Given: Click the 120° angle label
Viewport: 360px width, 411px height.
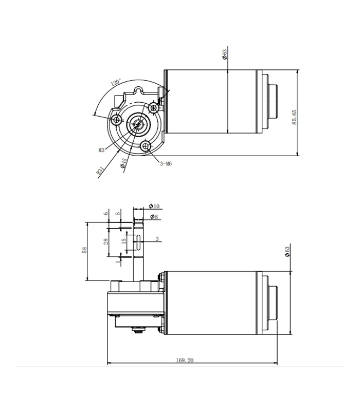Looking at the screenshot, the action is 116,82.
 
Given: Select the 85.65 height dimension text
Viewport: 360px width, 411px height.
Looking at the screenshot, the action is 294,117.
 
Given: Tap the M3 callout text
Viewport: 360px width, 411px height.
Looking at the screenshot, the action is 101,150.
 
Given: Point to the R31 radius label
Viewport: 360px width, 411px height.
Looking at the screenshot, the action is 100,171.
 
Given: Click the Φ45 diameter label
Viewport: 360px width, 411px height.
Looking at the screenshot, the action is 123,163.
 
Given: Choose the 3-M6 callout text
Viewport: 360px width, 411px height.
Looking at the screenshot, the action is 166,164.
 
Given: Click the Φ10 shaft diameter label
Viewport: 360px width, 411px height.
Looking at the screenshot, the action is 154,207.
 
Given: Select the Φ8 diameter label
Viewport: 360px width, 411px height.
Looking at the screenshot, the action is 154,217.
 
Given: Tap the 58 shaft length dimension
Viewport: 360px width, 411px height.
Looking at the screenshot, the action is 84,250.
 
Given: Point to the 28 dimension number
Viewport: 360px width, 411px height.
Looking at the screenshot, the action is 106,241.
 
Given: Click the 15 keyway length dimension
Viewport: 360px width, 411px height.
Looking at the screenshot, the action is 124,241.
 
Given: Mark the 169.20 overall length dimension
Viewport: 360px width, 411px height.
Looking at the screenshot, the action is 185,361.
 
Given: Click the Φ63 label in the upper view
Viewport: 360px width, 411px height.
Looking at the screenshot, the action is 225,54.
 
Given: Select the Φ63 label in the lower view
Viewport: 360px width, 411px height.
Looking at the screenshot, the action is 287,252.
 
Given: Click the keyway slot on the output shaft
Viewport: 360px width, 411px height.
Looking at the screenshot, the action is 138,242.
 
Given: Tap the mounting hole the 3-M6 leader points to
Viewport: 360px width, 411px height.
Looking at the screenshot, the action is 146,146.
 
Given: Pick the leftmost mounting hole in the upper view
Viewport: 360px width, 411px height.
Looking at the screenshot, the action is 116,120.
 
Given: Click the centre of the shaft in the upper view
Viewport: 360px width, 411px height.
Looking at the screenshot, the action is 137,123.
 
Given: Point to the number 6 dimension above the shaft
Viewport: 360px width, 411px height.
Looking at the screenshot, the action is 106,214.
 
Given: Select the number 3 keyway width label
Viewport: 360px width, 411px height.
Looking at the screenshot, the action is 157,239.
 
